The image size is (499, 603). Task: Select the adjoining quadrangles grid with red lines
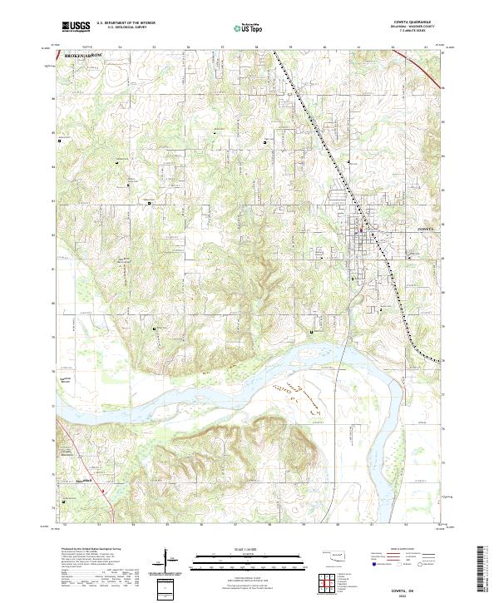pyautogui.click(x=330, y=583)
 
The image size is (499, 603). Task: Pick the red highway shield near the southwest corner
pyautogui.click(x=103, y=490)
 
